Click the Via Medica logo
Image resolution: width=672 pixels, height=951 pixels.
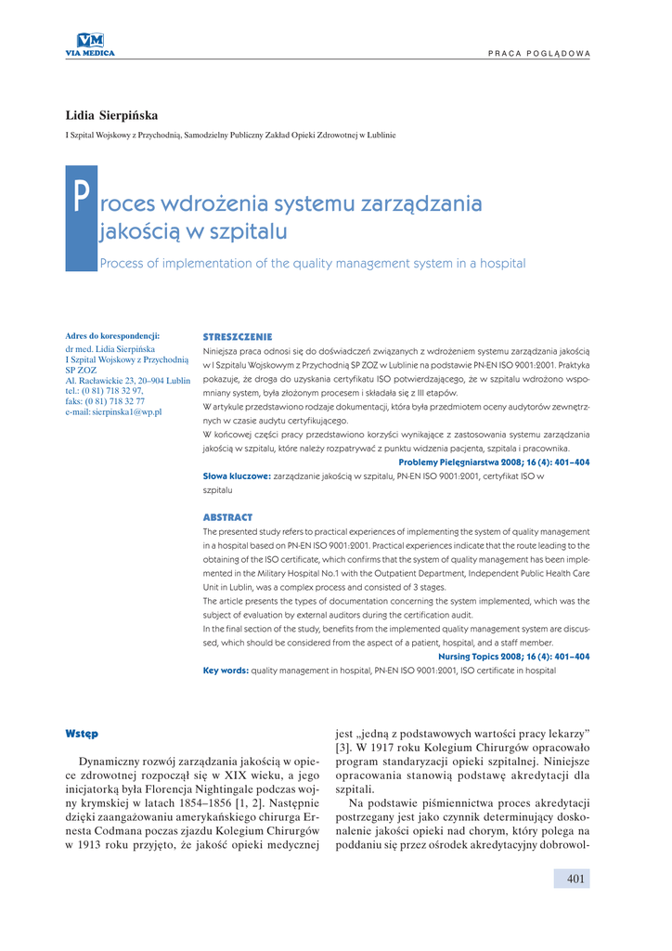[90, 43]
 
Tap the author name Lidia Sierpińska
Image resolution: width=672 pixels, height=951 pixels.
[111, 115]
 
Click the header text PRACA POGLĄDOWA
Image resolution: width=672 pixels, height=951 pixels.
[539, 53]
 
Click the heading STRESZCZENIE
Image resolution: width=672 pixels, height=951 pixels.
[238, 336]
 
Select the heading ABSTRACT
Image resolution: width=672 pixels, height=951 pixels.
[227, 516]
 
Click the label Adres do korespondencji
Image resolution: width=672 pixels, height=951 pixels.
[113, 336]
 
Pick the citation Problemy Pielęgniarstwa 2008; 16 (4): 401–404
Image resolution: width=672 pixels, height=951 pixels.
[494, 462]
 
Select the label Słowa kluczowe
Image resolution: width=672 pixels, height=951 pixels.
[237, 475]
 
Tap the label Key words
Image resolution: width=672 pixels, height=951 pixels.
[226, 671]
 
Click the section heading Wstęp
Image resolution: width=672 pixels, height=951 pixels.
[82, 733]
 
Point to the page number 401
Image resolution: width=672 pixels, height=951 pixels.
[575, 879]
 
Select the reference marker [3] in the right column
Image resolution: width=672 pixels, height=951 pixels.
[342, 747]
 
